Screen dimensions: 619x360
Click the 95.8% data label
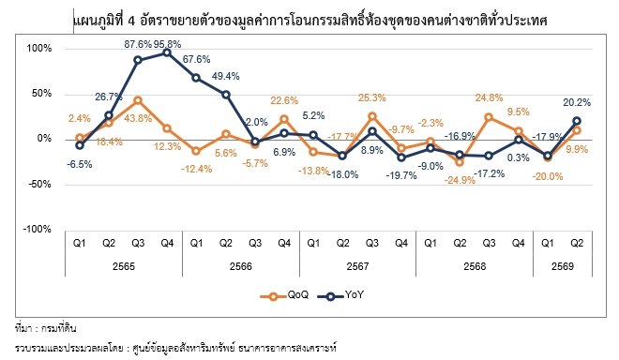[167, 44]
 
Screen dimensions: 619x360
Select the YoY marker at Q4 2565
[167, 52]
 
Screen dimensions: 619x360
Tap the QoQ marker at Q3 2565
[138, 100]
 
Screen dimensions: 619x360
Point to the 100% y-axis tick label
[39, 48]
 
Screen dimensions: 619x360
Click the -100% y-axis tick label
[38, 229]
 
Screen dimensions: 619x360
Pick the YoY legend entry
[340, 295]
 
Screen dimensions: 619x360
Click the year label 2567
[357, 266]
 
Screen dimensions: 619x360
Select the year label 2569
[562, 266]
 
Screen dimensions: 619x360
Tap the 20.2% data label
[577, 102]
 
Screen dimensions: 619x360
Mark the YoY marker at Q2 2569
[577, 121]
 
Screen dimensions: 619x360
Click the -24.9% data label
[460, 180]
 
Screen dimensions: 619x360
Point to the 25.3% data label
[372, 97]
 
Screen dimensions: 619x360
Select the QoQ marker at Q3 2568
[489, 117]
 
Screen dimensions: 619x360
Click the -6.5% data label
[80, 164]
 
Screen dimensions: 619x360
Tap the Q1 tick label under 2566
[196, 243]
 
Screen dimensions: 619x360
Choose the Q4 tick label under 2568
[518, 243]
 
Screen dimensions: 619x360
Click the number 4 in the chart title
[131, 21]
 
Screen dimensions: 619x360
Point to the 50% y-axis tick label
[41, 93]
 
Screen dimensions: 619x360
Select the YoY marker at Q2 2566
[226, 95]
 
